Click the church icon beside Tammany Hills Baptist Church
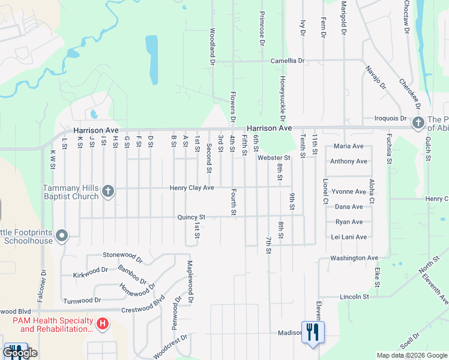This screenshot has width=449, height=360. click(108, 191)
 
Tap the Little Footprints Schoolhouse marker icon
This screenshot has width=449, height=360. click(62, 236)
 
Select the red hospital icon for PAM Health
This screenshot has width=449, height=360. click(103, 325)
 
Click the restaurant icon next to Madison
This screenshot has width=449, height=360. click(312, 332)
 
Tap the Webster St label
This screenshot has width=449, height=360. click(274, 158)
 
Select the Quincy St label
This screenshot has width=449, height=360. click(191, 217)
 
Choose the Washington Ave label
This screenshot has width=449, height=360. click(354, 258)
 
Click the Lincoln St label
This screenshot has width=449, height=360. click(354, 296)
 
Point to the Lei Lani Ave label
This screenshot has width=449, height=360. click(349, 237)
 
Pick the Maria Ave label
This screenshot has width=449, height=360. click(349, 146)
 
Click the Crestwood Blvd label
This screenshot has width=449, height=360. click(143, 304)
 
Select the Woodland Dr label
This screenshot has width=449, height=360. click(212, 46)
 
